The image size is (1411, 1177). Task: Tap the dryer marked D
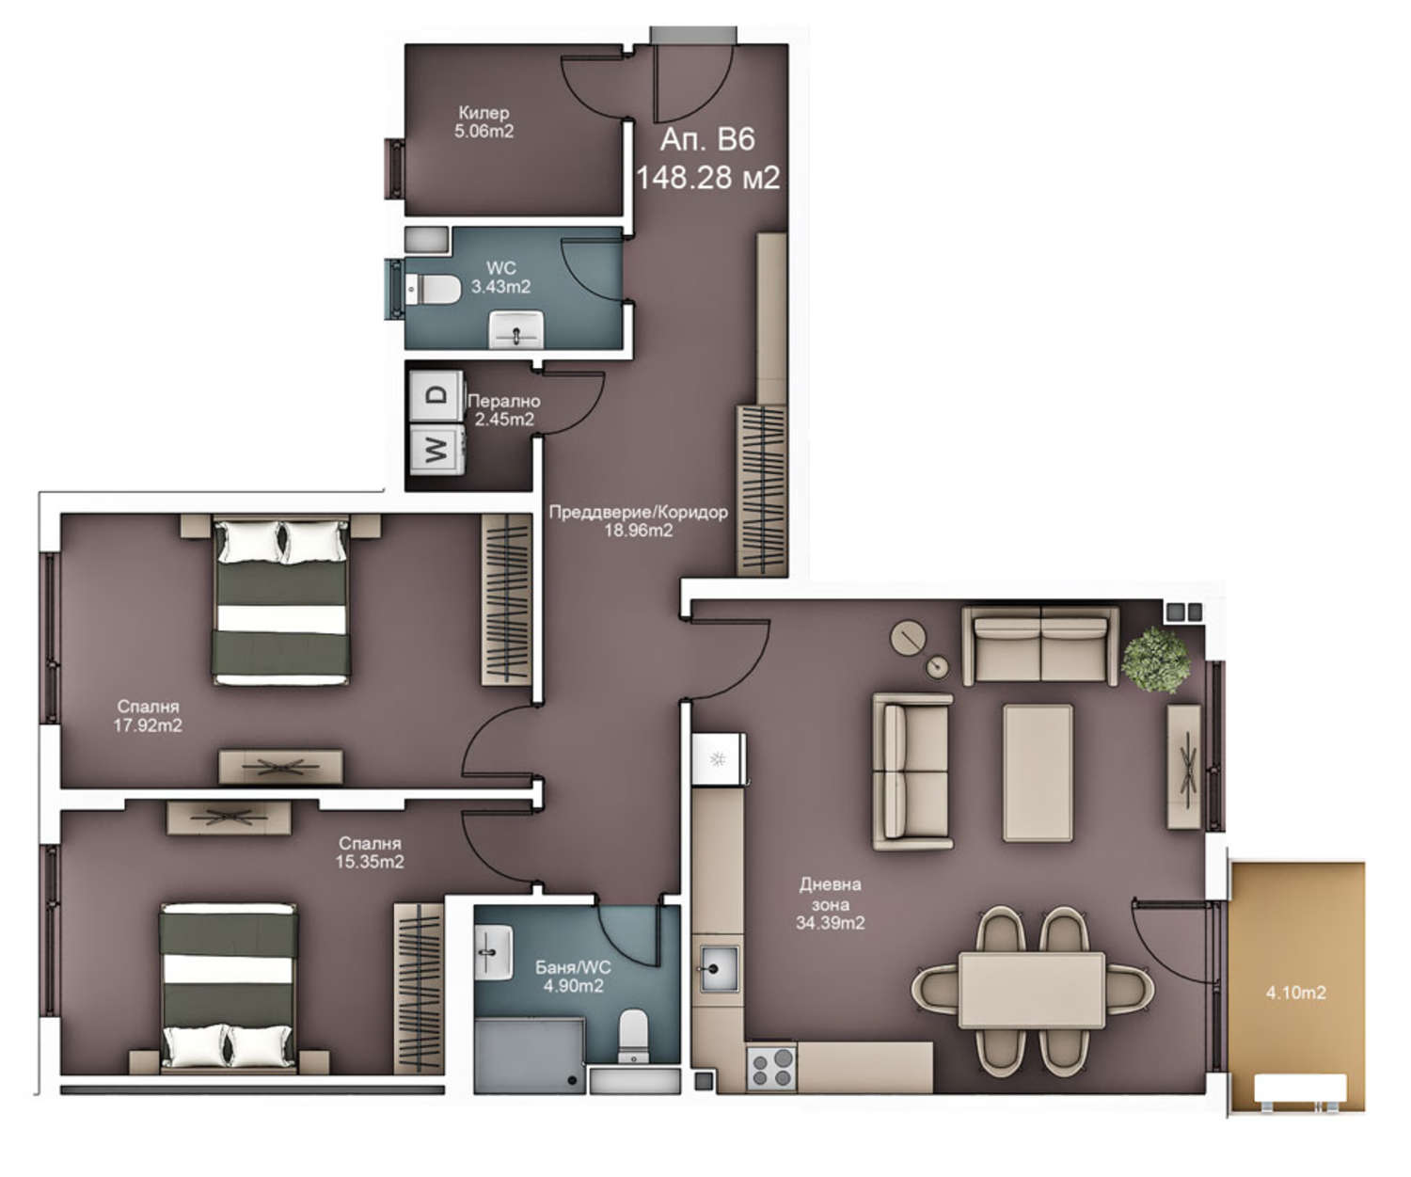436,396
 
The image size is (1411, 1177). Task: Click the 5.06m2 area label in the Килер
484,131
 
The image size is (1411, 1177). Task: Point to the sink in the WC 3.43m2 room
515,329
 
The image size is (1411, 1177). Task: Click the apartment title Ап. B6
706,139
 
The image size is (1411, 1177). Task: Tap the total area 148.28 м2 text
707,178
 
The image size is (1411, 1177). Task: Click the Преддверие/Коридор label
638,513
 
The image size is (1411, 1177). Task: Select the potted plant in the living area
1155,660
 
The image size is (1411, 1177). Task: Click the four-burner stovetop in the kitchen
771,1068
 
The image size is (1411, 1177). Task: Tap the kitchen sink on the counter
719,969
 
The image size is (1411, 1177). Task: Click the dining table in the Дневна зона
1032,990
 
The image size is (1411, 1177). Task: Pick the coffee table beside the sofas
1038,772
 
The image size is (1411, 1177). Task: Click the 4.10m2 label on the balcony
1295,993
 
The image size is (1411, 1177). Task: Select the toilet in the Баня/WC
633,1037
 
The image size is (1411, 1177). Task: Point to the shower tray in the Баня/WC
529,1056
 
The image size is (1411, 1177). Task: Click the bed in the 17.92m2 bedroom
281,601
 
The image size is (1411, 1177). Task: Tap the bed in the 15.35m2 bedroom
229,989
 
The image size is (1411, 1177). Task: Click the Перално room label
504,401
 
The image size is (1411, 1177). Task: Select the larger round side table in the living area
909,638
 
